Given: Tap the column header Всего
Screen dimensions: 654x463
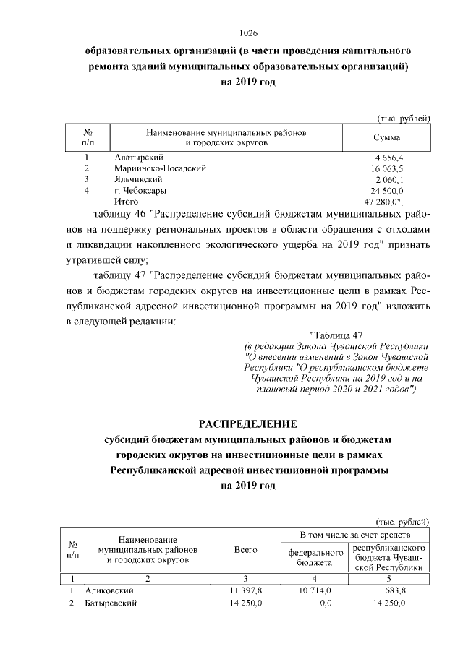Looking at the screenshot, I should (246, 551).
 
